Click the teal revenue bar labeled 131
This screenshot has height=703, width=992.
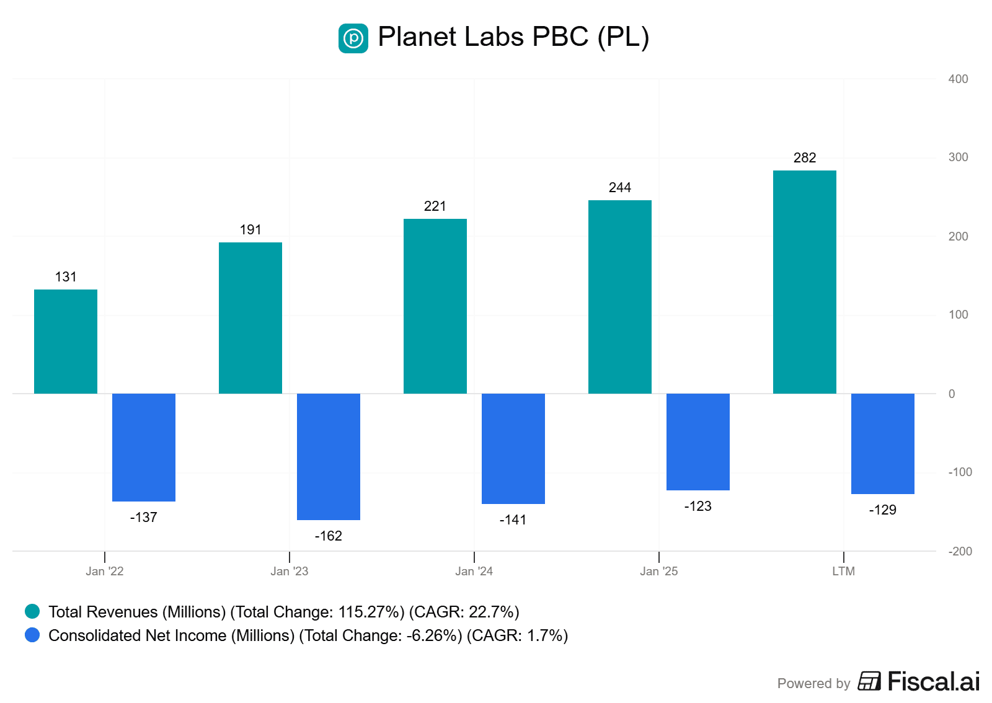coord(66,342)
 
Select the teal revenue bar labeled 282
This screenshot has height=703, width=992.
coord(804,282)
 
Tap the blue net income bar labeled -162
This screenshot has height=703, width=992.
coord(329,457)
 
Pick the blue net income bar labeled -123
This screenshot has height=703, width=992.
coord(697,442)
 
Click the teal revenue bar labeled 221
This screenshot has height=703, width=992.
coord(435,306)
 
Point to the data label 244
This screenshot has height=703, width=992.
coord(619,188)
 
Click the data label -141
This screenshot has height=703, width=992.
coord(513,520)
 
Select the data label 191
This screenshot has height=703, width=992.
coord(250,230)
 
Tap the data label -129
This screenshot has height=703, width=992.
coord(882,510)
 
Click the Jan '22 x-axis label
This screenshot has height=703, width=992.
coord(105,571)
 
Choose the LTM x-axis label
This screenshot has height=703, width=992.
coord(843,571)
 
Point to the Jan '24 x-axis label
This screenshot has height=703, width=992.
coord(474,571)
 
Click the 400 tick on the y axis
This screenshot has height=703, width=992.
coord(958,79)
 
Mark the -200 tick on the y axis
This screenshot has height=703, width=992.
coord(960,551)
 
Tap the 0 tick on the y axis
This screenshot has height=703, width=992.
coord(952,394)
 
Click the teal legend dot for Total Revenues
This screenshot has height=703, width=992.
coord(32,612)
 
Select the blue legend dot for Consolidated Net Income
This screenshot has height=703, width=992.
coord(32,635)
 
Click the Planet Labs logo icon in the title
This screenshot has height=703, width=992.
coord(353,38)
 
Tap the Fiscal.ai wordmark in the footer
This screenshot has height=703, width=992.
coord(933,681)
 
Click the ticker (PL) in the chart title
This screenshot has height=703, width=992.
coord(623,37)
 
